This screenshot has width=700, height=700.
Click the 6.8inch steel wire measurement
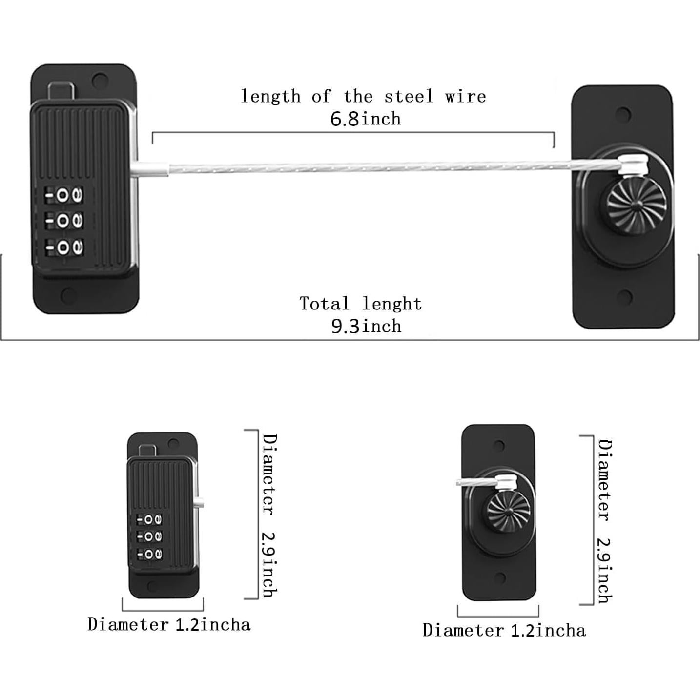click(365, 119)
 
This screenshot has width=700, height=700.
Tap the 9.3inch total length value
click(366, 326)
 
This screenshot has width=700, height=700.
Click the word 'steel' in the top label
click(409, 96)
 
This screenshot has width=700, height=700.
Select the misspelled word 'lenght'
click(392, 304)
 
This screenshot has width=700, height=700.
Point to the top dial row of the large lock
click(64, 196)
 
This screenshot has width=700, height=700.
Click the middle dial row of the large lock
click(64, 222)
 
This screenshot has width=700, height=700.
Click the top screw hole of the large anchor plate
click(623, 115)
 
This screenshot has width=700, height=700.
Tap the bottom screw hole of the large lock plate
click(68, 295)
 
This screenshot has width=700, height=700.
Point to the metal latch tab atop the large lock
click(62, 90)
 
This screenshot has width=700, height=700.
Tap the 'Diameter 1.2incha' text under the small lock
click(169, 624)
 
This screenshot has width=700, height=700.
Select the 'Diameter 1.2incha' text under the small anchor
click(504, 630)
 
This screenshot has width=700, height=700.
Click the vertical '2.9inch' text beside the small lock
click(269, 564)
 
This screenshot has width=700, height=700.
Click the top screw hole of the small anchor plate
click(499, 446)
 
